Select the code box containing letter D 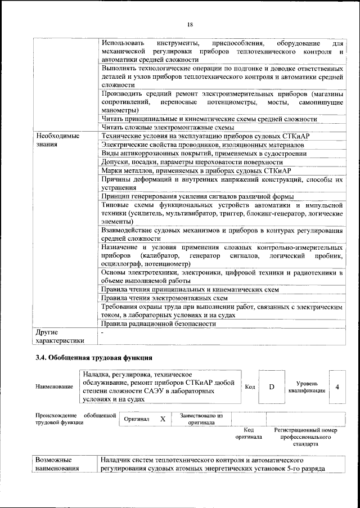(271, 387)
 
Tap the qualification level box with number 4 (337, 387)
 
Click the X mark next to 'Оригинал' (163, 419)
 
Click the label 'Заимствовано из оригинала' (201, 419)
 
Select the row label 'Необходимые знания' (57, 140)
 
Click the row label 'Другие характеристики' (60, 336)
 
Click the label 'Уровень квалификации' (307, 387)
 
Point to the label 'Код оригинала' (249, 433)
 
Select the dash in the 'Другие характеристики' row (102, 333)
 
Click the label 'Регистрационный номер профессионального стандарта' (305, 437)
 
